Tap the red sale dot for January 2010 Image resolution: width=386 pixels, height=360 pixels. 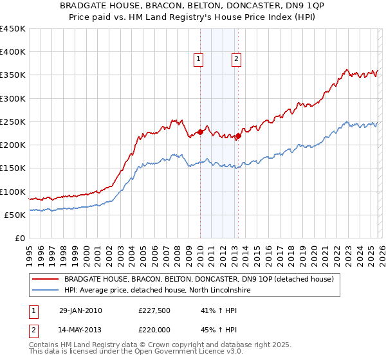[200, 132]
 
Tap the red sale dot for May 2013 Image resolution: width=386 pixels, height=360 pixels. [237, 136]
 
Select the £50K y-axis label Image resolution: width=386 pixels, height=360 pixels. [15, 215]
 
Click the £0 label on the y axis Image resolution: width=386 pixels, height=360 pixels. [21, 238]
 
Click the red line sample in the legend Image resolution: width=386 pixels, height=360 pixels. [46, 280]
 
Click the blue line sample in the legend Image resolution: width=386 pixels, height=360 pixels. [46, 291]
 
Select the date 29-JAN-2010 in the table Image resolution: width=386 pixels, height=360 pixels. [80, 310]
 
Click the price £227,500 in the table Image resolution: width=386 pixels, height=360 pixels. [155, 310]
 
